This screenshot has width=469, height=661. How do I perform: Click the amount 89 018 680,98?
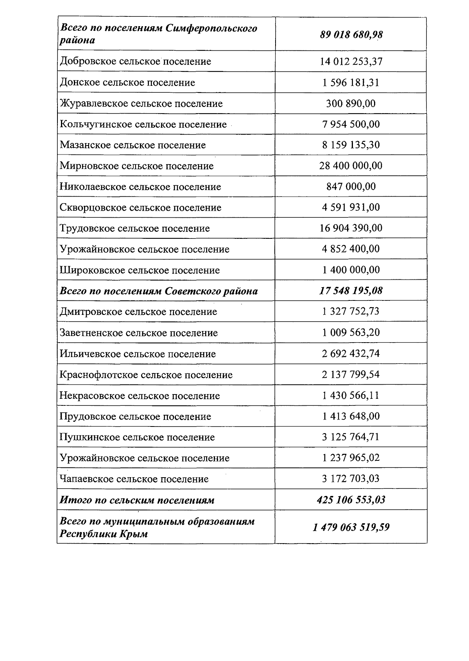coord(351,35)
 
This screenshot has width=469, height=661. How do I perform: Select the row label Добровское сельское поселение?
coord(135,62)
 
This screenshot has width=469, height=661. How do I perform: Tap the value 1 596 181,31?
coord(351,83)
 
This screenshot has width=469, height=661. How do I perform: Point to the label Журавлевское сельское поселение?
coord(141,104)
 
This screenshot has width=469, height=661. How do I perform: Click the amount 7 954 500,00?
coord(351,124)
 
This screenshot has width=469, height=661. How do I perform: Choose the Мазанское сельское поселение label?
coord(132,145)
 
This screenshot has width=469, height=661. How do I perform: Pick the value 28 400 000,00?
coord(351,166)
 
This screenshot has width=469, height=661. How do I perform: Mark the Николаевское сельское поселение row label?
coord(140,187)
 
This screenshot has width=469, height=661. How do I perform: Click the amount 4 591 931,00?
coord(351,208)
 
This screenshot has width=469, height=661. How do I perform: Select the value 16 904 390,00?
coord(351,228)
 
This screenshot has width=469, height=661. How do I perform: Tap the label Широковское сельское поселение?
coord(140,270)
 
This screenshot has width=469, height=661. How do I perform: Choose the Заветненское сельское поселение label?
coord(139,333)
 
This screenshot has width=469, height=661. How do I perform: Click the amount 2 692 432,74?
coord(351,354)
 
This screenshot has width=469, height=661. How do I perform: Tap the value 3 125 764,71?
coord(351,437)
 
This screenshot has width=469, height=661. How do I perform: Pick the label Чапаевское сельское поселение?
coord(134,479)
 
